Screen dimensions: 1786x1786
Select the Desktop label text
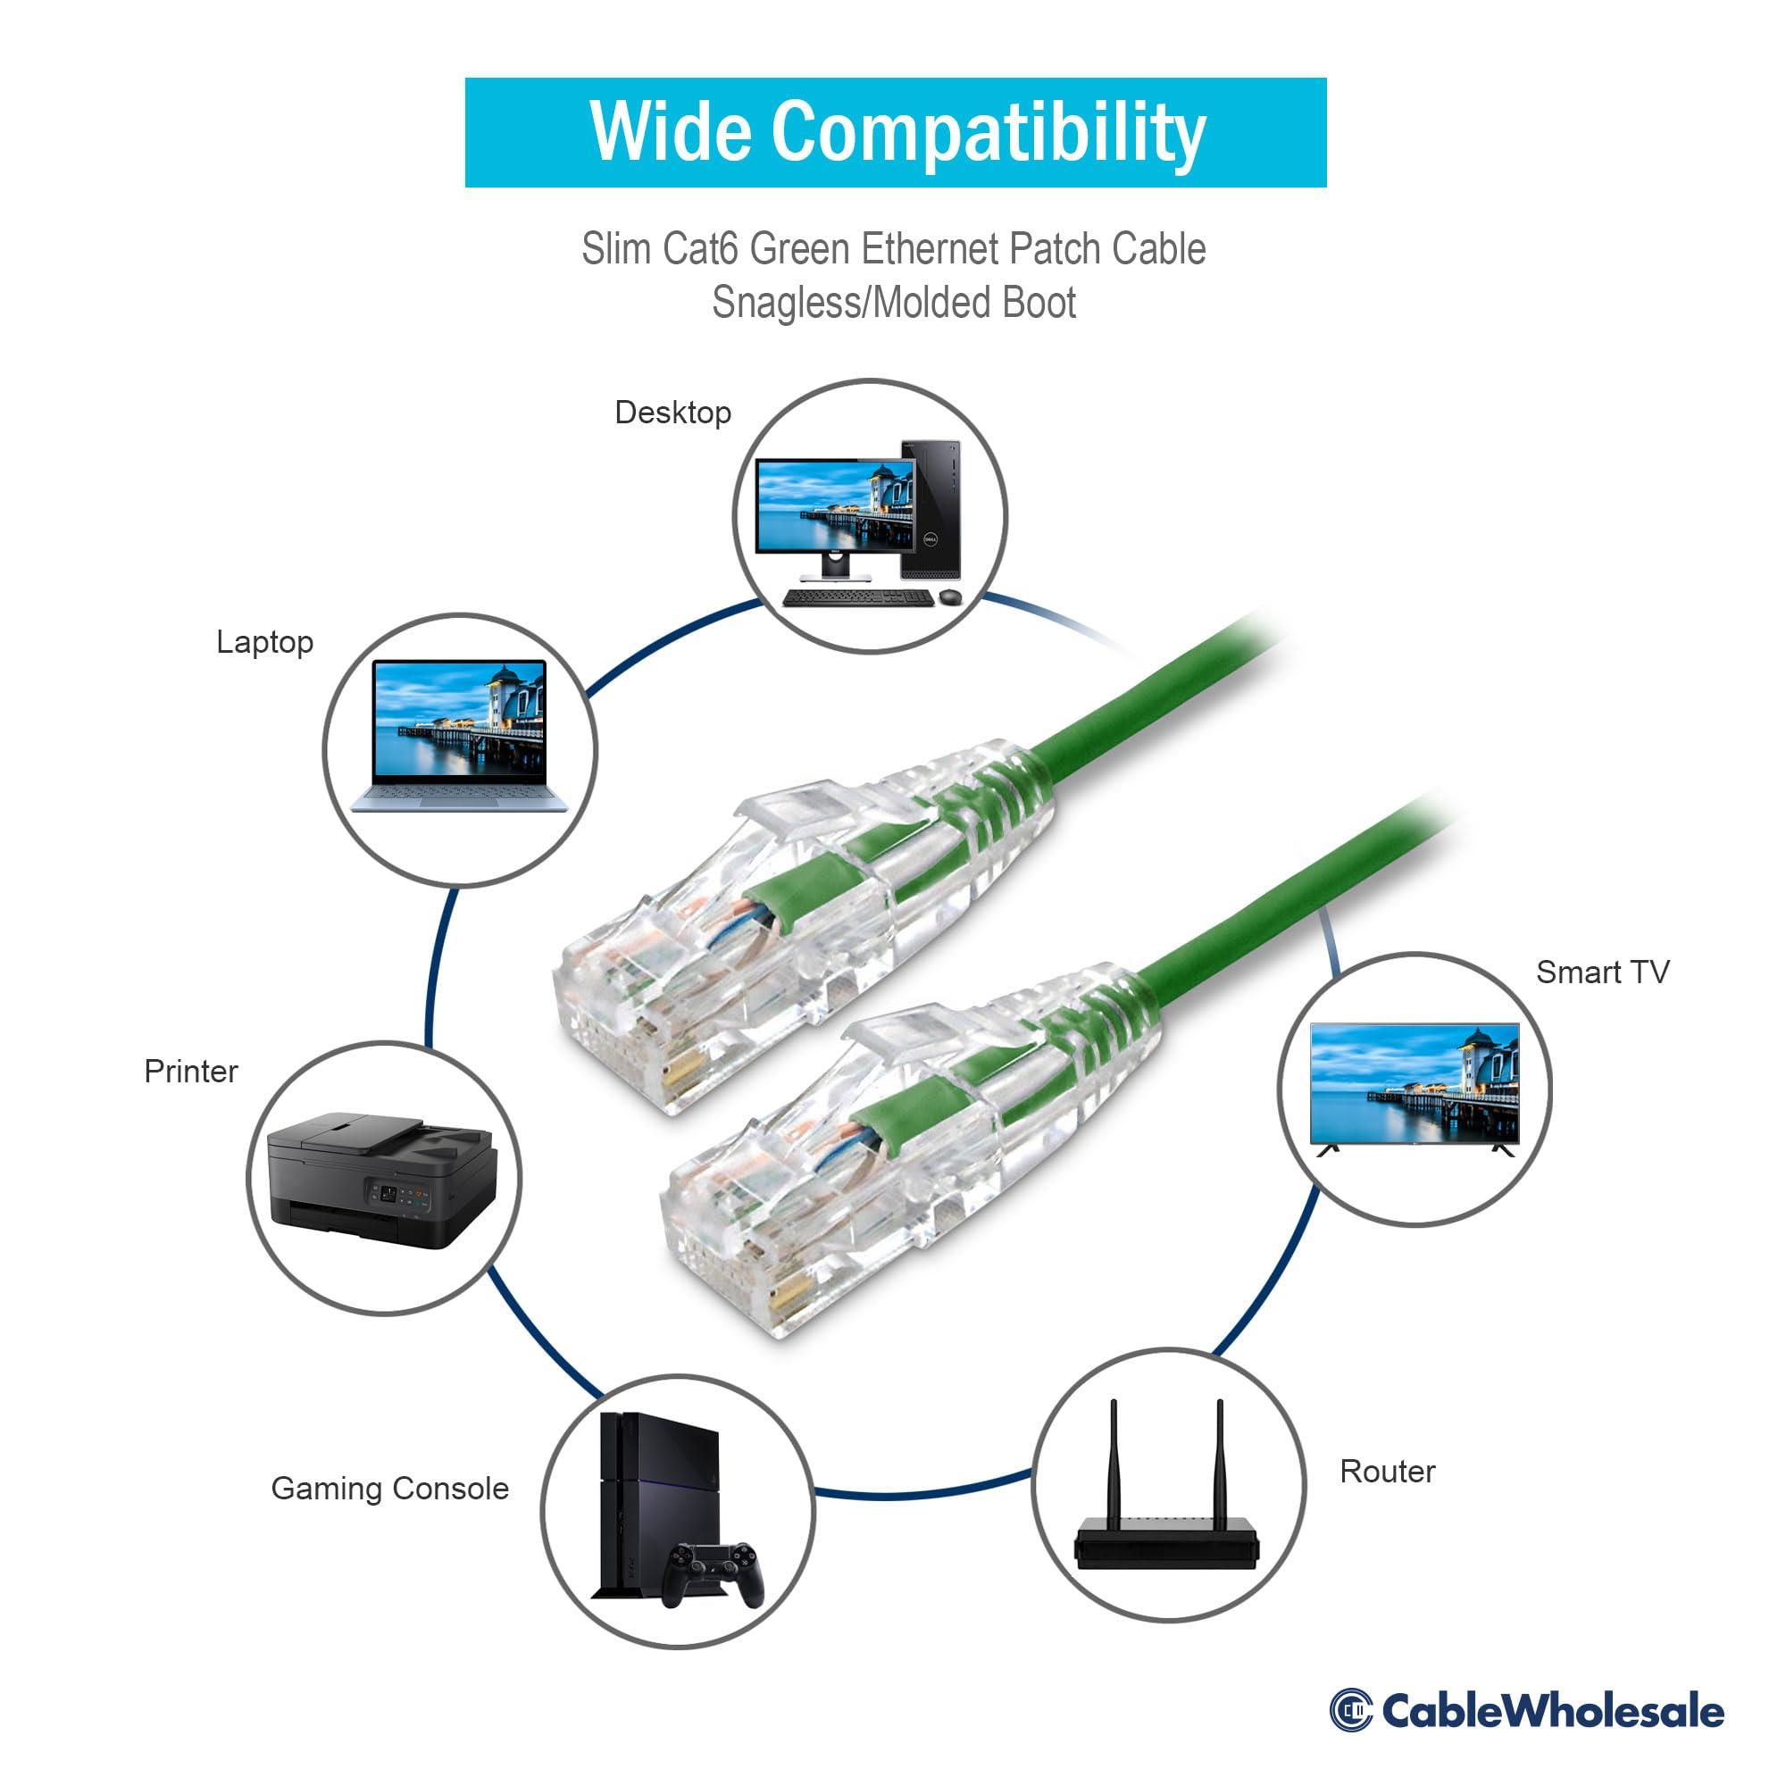click(x=673, y=413)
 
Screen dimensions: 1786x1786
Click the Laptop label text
click(x=264, y=641)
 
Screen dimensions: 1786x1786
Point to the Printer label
click(x=190, y=1072)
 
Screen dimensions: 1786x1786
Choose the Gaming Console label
click(x=389, y=1489)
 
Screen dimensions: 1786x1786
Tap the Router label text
click(x=1387, y=1472)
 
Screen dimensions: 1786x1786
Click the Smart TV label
click(x=1602, y=972)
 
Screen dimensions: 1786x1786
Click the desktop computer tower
click(x=931, y=509)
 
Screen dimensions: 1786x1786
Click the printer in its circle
click(x=381, y=1179)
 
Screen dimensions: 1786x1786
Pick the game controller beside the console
click(x=717, y=1572)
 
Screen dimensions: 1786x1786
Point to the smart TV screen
click(x=1415, y=1083)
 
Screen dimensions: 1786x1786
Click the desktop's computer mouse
click(x=949, y=598)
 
